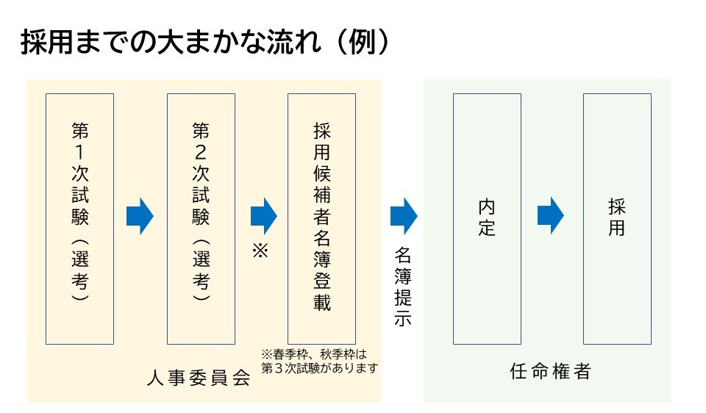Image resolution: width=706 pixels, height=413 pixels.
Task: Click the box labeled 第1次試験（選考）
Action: (79, 218)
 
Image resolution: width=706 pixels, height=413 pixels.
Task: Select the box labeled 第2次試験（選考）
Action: (201, 218)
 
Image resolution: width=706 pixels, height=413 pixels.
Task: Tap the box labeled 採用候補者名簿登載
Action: (321, 218)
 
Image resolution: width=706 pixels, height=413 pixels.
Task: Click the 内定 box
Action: (487, 218)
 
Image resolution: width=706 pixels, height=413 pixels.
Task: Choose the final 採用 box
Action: (616, 218)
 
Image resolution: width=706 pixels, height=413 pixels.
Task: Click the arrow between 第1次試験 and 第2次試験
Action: (140, 216)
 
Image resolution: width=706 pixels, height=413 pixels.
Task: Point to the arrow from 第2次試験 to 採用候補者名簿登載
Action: (263, 216)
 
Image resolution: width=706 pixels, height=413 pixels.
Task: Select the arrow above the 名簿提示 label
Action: (404, 216)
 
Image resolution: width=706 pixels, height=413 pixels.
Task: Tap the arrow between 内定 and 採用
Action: (550, 216)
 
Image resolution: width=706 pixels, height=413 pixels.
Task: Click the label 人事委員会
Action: (199, 378)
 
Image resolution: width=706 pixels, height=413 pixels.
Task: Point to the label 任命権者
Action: (551, 372)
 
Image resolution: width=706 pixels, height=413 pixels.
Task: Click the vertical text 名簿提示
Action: (403, 287)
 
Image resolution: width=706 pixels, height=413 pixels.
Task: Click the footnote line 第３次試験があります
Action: (320, 367)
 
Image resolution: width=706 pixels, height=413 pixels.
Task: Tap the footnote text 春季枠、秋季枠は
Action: (319, 354)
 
